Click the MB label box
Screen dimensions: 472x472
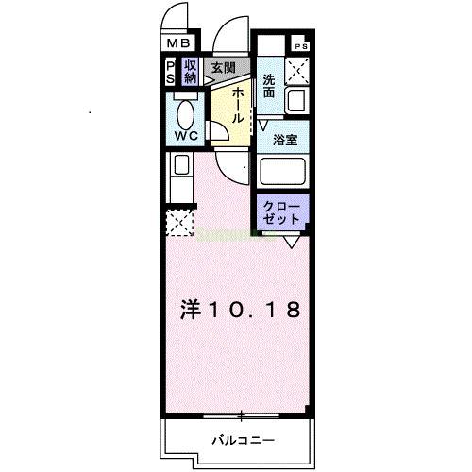(179, 42)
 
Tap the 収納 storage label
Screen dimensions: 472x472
(191, 71)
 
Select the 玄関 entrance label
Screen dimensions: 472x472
(224, 67)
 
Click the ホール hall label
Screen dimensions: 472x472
(239, 105)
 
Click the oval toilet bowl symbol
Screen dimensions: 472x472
(186, 114)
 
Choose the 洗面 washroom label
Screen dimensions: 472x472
(269, 87)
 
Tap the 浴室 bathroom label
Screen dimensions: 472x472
(285, 139)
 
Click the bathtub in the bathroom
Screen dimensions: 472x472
(286, 173)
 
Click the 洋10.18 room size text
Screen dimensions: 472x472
(241, 311)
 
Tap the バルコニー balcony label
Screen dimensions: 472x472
(242, 440)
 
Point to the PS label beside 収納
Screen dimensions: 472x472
(172, 72)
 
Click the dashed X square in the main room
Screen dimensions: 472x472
(179, 224)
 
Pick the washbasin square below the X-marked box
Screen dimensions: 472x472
(299, 101)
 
